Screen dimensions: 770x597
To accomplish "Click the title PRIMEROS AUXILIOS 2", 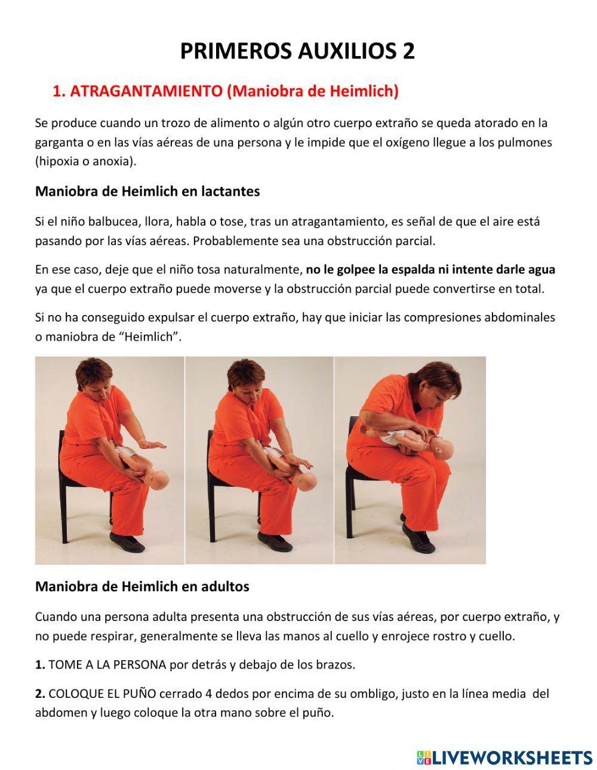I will coord(297,52).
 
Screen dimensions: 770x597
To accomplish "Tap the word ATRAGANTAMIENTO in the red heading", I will coord(146,91).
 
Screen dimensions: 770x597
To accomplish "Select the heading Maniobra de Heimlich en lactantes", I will coord(147,191).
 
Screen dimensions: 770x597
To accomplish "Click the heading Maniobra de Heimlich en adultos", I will coord(142,586).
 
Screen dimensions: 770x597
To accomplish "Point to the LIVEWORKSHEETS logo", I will coord(504,757).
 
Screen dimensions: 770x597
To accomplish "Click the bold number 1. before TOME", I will coord(40,664).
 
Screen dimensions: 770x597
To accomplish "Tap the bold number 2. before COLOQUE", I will coord(40,694).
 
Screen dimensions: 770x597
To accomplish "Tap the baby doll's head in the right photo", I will coord(442,449).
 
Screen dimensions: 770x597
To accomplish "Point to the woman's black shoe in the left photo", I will coord(127,542).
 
